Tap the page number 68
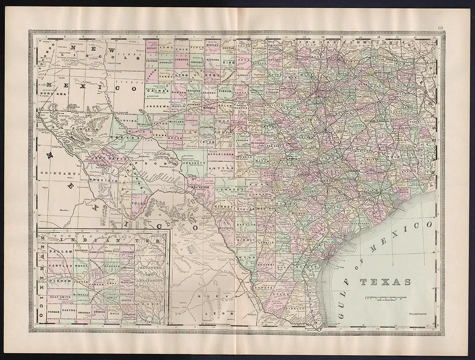[x=440, y=28]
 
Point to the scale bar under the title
[x=385, y=297]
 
